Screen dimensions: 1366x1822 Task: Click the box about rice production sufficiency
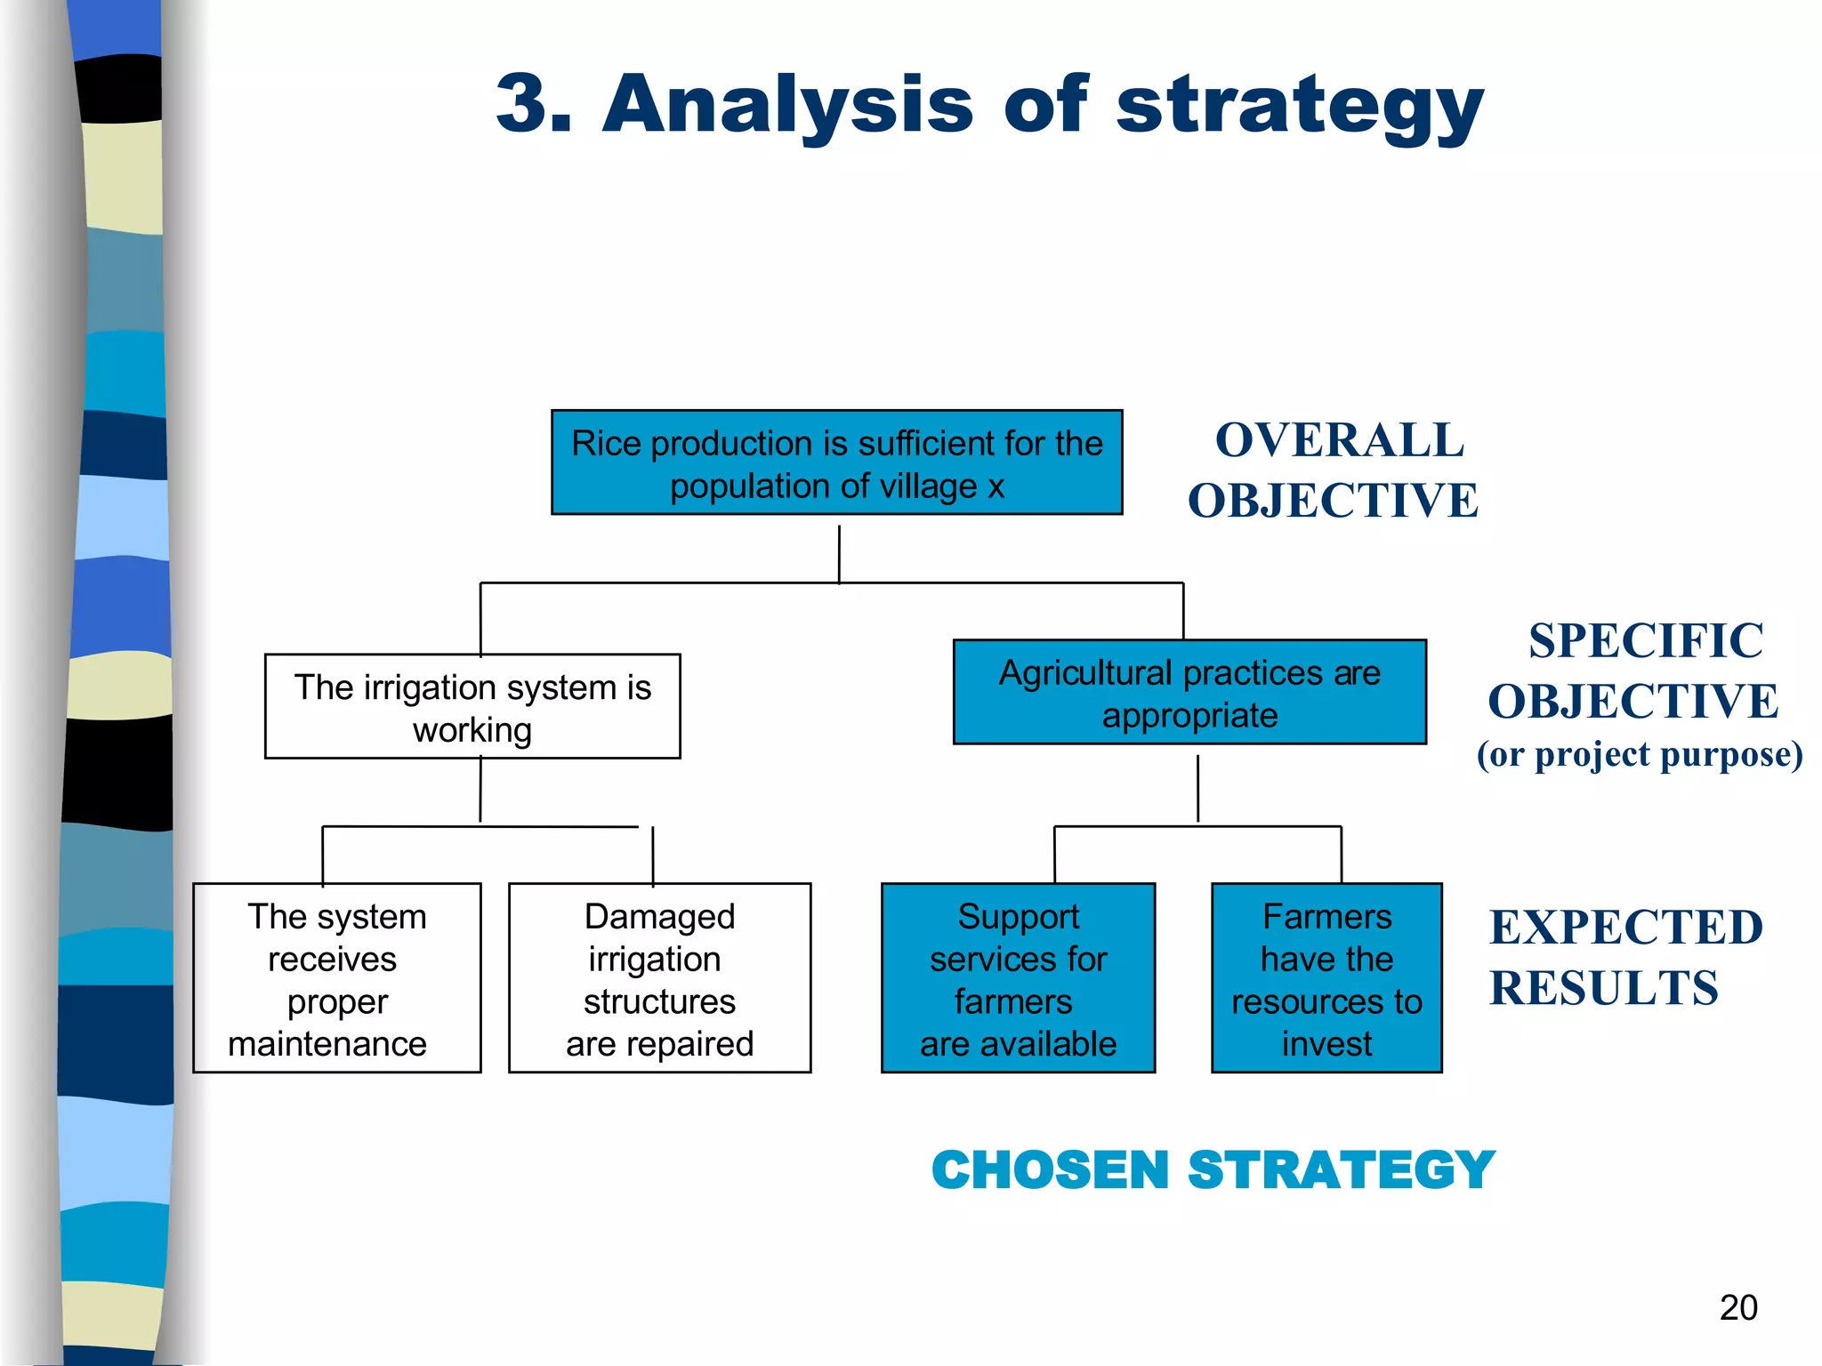(x=836, y=462)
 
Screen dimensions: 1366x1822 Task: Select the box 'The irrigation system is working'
(x=472, y=707)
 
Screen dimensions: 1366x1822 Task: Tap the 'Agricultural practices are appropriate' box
(x=1189, y=693)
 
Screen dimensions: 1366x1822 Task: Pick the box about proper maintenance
(x=336, y=978)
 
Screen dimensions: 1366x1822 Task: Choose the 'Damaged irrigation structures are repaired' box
(x=659, y=978)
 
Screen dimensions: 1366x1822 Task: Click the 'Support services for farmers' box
(x=1018, y=978)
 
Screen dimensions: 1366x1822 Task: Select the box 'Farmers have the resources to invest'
(x=1326, y=978)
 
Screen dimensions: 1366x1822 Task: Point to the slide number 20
(x=1738, y=1307)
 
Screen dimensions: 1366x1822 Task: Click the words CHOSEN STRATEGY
(x=1213, y=1169)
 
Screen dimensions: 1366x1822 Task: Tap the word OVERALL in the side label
(x=1339, y=441)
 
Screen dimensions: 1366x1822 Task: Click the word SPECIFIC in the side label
(x=1646, y=641)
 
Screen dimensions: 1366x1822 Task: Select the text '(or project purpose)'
(x=1640, y=755)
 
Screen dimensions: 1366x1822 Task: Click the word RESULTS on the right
(x=1604, y=988)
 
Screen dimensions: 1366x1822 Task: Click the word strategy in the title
(x=1300, y=107)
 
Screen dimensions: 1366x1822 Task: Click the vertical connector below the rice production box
(x=839, y=553)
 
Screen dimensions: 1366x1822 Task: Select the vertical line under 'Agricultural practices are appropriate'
(x=1197, y=788)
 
